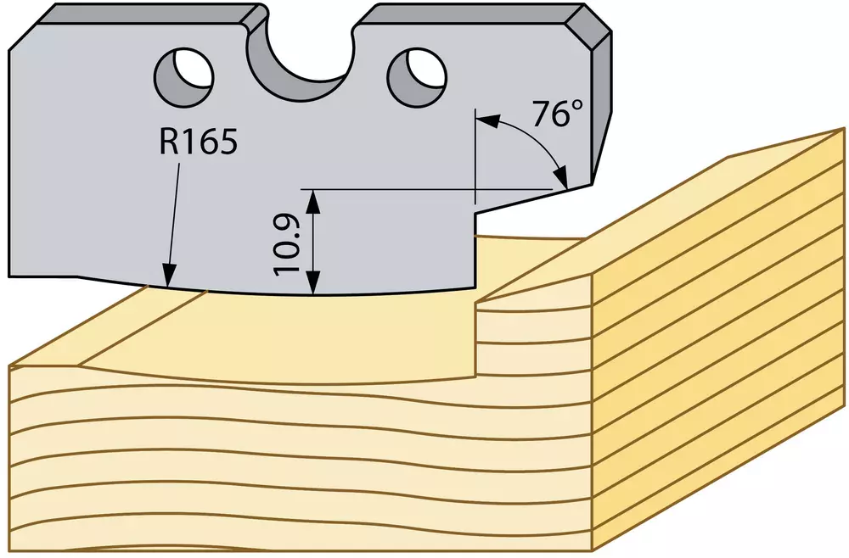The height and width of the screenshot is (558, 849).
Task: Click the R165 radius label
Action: (x=198, y=142)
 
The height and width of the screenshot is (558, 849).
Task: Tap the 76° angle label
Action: (x=559, y=114)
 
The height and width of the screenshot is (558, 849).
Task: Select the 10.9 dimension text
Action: (x=287, y=244)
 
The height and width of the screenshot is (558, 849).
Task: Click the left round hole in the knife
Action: (x=184, y=75)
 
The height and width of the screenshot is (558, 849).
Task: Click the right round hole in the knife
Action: (x=418, y=75)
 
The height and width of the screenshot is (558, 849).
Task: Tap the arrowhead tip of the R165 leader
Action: (x=168, y=286)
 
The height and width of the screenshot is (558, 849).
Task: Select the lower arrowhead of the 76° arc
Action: (x=561, y=177)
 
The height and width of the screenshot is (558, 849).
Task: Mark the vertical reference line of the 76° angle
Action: (x=475, y=156)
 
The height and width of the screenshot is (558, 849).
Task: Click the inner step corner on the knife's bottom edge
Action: (x=475, y=214)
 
